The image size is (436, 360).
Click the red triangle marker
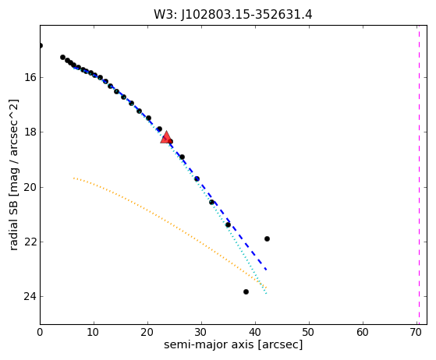(166, 137)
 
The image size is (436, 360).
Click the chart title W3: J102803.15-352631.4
(233, 15)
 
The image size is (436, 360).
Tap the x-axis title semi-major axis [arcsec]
(233, 344)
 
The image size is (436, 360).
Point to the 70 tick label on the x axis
(416, 332)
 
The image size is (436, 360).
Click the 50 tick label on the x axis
(308, 332)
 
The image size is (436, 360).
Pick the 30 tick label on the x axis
(200, 332)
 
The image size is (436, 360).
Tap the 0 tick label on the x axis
(40, 332)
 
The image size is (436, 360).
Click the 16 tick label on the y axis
(30, 77)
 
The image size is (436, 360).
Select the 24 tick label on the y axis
(30, 296)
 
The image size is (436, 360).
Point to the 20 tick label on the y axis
(30, 187)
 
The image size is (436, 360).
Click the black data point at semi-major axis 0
(41, 45)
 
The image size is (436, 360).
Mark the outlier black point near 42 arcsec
(267, 238)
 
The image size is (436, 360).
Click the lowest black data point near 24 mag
(246, 291)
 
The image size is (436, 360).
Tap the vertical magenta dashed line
(419, 175)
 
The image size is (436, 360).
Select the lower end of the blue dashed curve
(267, 270)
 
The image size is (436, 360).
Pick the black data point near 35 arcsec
(228, 224)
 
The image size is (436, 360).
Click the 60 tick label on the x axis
(363, 332)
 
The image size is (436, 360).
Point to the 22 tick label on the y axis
(30, 242)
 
